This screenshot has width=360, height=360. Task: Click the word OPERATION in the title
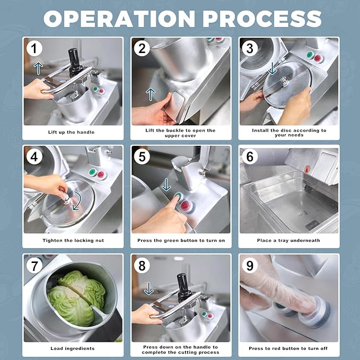(x=119, y=19)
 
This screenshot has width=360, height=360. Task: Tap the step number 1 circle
(x=34, y=48)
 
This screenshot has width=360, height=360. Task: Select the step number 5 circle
(x=142, y=157)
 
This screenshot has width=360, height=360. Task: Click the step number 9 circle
(x=250, y=265)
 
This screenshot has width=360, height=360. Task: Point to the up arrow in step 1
(x=38, y=68)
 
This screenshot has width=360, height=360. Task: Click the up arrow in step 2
(x=151, y=94)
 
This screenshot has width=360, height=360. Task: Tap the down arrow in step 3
(x=272, y=68)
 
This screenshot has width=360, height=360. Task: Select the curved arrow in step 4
(x=78, y=201)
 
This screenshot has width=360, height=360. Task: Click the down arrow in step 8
(x=149, y=288)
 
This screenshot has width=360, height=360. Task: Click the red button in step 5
(x=186, y=206)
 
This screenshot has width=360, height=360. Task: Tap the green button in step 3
(x=310, y=55)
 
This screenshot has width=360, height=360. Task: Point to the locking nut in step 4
(x=67, y=198)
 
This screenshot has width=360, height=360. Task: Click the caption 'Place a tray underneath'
(x=288, y=240)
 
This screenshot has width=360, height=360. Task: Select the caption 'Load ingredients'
(x=73, y=348)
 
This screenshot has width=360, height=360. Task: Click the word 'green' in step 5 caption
(x=171, y=241)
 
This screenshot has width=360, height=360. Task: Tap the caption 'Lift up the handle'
(x=71, y=132)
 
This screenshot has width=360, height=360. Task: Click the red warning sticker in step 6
(x=307, y=170)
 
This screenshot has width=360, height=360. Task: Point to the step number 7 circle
(x=34, y=266)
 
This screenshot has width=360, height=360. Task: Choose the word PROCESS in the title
(x=262, y=19)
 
